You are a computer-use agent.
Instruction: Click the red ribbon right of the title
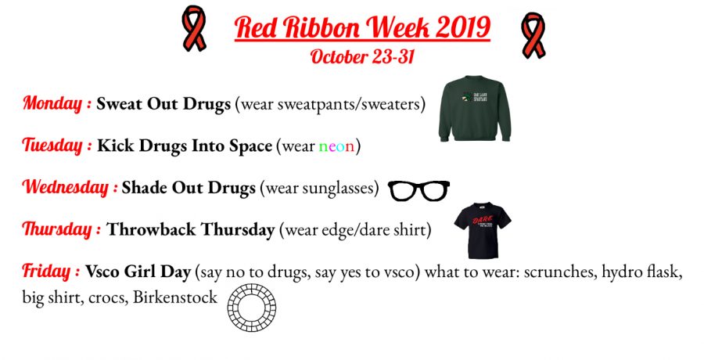(533, 35)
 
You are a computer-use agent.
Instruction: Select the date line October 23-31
(362, 56)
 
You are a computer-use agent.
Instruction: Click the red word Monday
(52, 103)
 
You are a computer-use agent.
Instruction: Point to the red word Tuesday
(52, 145)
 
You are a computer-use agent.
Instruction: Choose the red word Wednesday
(66, 187)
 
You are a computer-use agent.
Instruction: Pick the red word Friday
(46, 271)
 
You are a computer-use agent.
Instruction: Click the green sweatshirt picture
(475, 109)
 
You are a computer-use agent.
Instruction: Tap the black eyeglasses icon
(418, 190)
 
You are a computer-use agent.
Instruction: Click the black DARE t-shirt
(482, 230)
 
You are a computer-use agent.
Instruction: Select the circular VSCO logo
(251, 308)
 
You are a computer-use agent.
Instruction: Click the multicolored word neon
(336, 146)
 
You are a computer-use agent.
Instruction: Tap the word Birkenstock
(175, 297)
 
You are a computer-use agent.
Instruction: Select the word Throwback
(151, 229)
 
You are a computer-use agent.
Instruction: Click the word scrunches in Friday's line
(560, 272)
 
